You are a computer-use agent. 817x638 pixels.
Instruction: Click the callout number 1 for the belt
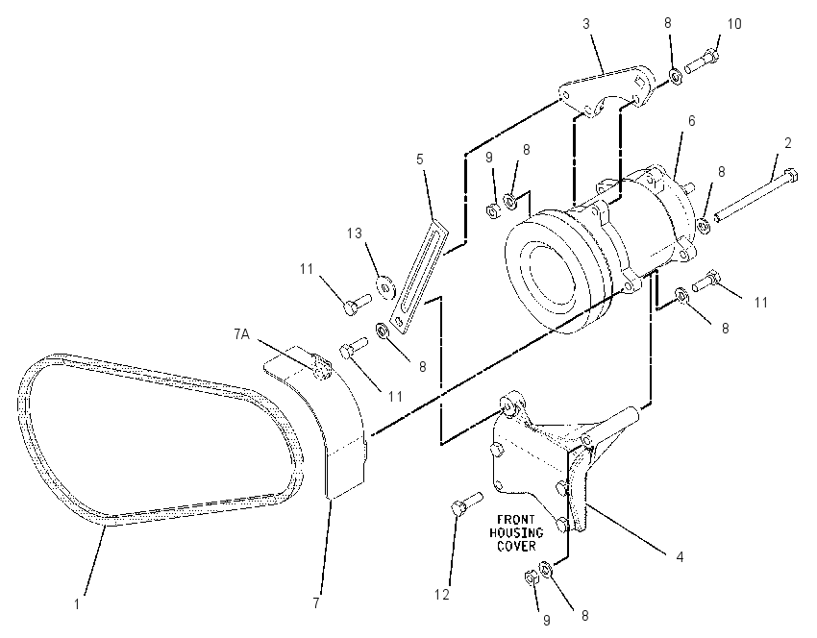point(77,604)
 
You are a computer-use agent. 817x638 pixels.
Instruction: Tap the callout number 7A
point(242,334)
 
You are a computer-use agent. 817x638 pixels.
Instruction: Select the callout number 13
point(355,233)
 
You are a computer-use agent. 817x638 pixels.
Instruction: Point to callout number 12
point(442,594)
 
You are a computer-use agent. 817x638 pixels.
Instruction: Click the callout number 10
point(733,23)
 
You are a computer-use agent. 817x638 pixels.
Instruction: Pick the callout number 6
point(691,121)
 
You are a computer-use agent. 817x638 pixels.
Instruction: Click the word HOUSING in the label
point(516,532)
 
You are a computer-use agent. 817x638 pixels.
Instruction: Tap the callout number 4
point(680,556)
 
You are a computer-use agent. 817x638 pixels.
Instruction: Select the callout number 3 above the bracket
point(586,23)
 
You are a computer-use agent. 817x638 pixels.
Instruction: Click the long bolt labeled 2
point(756,195)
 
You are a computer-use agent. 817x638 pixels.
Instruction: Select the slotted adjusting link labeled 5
point(420,276)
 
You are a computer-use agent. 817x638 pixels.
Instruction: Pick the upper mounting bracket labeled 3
point(607,91)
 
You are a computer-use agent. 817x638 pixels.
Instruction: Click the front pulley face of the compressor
point(546,270)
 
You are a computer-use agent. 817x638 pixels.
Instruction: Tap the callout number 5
point(420,159)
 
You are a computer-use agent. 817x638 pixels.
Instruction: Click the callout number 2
point(788,143)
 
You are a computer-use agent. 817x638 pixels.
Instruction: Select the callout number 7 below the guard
point(316,603)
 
